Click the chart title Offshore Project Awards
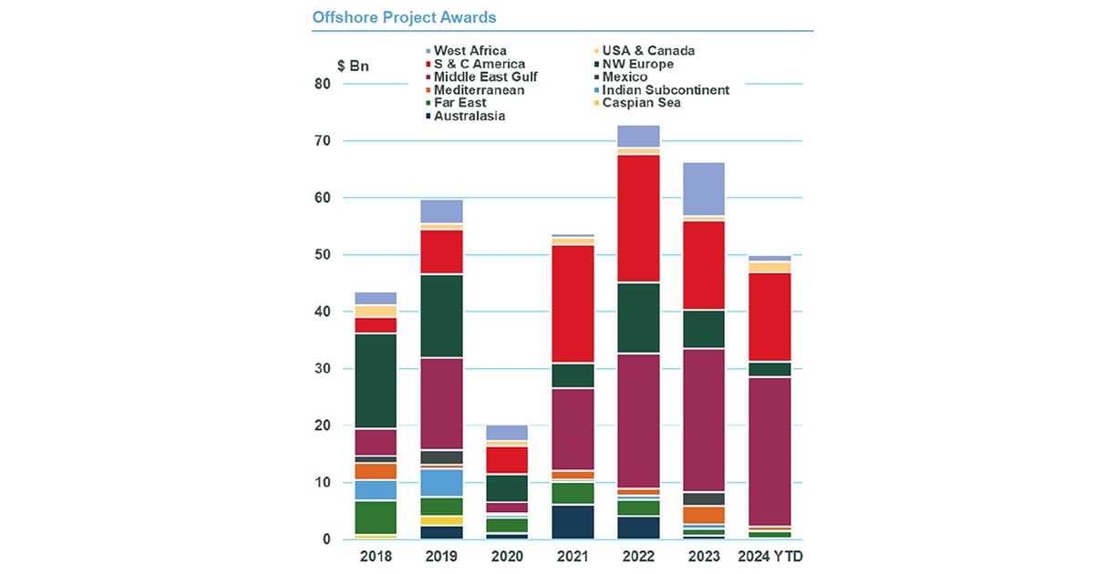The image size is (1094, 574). (404, 17)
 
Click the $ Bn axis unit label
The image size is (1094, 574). (353, 66)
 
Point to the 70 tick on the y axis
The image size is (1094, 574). (323, 140)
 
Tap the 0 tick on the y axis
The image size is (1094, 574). (326, 539)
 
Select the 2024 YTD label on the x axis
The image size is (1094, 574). (770, 557)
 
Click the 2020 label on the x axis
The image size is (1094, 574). (507, 557)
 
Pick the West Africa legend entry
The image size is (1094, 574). (466, 51)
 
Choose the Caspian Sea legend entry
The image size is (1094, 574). (637, 103)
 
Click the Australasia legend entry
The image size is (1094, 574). (466, 117)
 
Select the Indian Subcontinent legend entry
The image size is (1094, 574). (661, 90)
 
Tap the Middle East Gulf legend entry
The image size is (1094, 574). (481, 77)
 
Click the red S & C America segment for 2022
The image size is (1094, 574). (638, 218)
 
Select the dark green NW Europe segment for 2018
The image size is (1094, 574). (376, 381)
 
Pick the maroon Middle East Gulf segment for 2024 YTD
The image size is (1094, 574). (769, 452)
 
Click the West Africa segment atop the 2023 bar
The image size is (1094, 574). (704, 189)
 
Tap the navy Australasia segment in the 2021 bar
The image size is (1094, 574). (573, 522)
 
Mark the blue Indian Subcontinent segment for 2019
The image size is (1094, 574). (441, 483)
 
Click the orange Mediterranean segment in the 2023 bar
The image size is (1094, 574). (704, 515)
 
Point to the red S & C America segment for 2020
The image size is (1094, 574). (507, 460)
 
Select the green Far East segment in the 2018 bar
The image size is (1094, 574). (376, 518)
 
